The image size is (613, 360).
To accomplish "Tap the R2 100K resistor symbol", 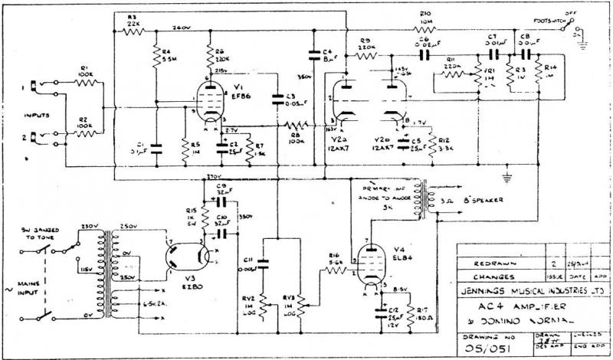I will pyautogui.click(x=84, y=133).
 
